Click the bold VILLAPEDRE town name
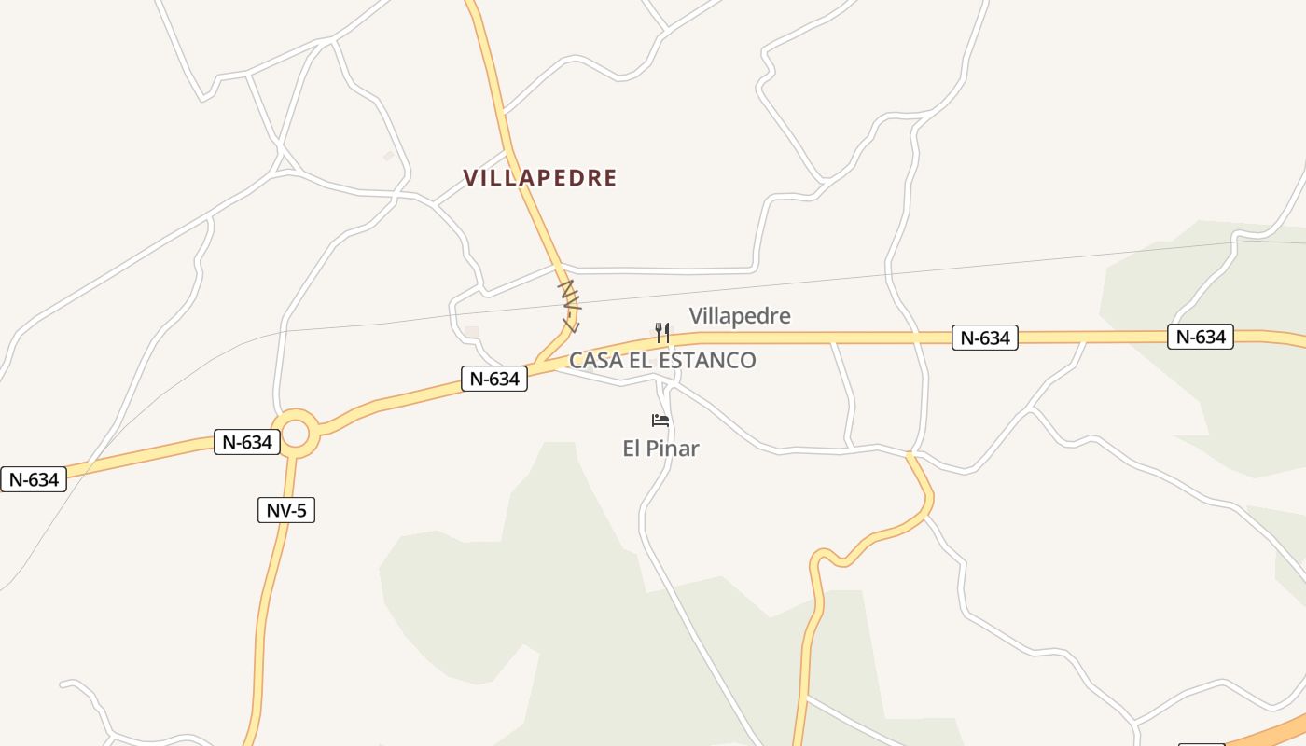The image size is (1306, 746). click(540, 178)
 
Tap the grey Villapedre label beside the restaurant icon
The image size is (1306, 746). click(740, 316)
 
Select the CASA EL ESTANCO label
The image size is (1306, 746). click(662, 360)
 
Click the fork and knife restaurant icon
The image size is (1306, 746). click(661, 332)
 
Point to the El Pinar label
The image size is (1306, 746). click(660, 449)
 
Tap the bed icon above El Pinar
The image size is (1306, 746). click(660, 421)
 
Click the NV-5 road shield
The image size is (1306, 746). click(285, 510)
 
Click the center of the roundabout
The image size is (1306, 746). click(296, 434)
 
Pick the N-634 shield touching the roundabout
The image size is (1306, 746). click(247, 442)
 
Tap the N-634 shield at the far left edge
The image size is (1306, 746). click(34, 479)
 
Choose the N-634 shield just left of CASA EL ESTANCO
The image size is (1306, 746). click(494, 378)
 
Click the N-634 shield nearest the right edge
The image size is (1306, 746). click(1200, 337)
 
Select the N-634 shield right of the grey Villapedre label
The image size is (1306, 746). click(985, 338)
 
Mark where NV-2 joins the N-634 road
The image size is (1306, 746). click(539, 362)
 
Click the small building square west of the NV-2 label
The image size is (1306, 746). click(472, 332)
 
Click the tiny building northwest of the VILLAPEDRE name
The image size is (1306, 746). click(389, 156)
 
